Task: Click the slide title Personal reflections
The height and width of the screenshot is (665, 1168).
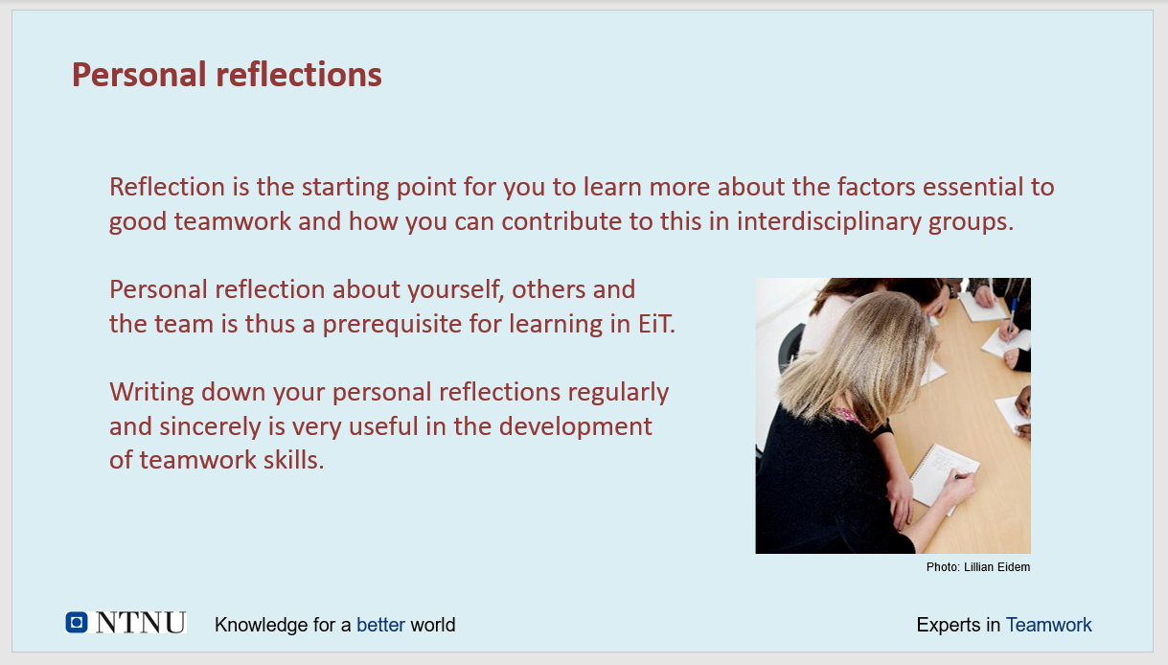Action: click(x=227, y=75)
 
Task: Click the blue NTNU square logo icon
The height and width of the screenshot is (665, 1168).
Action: click(x=77, y=622)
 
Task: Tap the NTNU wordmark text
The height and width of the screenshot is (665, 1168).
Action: click(x=141, y=622)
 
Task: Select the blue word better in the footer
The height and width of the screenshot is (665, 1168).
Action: click(x=380, y=625)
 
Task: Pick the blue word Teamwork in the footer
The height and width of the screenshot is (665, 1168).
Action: click(x=1048, y=625)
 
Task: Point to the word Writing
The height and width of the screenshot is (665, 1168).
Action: click(x=151, y=392)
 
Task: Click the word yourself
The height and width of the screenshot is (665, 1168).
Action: click(x=456, y=290)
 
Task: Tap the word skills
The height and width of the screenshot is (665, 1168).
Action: click(x=293, y=460)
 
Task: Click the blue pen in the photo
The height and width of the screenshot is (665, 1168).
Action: click(x=1012, y=315)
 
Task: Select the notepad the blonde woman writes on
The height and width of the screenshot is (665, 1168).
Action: click(x=944, y=475)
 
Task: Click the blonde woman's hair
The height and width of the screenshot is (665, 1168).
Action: click(x=860, y=355)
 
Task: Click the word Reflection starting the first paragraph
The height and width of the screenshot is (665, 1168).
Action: click(x=167, y=187)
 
